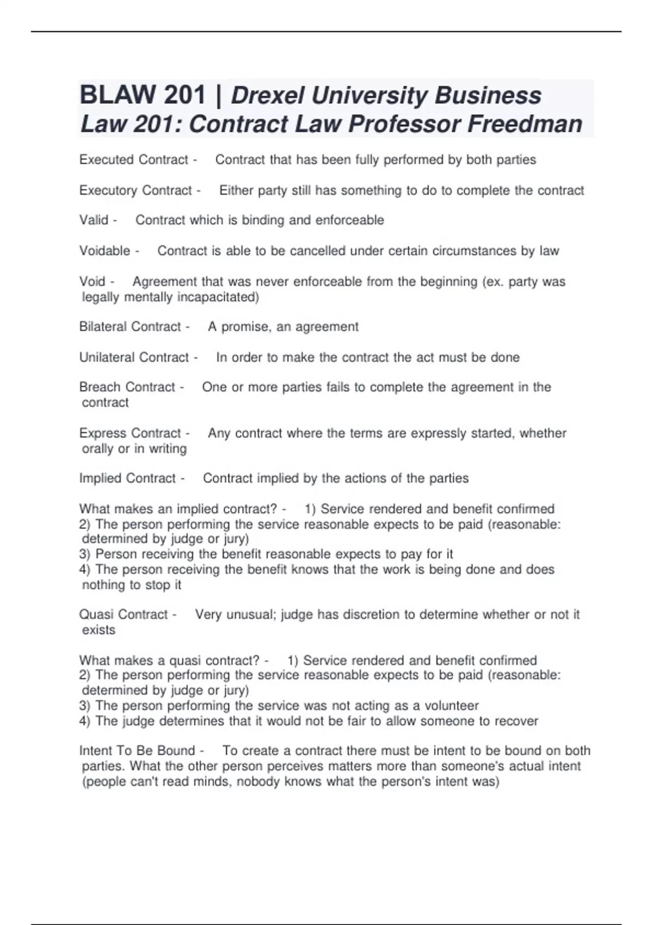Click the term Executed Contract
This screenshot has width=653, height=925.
click(133, 159)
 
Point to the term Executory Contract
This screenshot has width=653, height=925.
click(135, 190)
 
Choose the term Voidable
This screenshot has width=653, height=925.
click(104, 251)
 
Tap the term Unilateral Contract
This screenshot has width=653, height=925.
click(134, 357)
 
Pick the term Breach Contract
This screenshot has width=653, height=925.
click(127, 387)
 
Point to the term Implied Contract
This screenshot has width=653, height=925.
click(127, 478)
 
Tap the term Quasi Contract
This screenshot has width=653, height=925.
click(123, 614)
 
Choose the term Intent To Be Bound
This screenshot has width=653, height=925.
click(137, 751)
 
